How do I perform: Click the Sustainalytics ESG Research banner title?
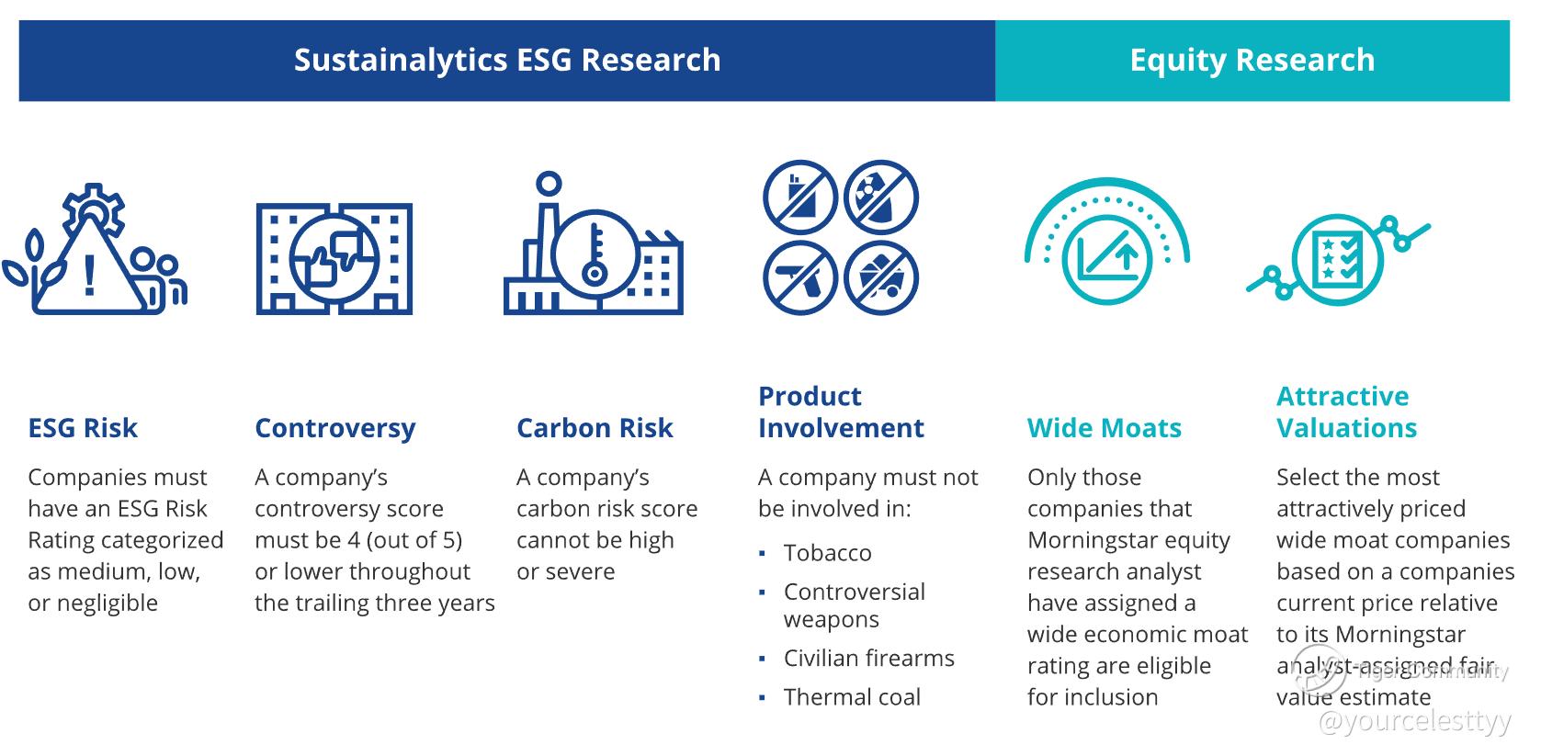point(507,60)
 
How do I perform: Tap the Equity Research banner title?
point(1252,60)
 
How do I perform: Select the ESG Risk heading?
point(83,428)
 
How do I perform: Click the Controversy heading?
point(335,429)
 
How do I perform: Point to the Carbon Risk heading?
point(595,428)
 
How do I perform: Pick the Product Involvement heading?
point(841,412)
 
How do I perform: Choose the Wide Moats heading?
point(1105,428)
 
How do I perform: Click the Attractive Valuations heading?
point(1346,412)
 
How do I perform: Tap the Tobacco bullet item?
point(828,553)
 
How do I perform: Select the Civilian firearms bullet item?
point(869,659)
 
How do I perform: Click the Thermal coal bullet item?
point(852,697)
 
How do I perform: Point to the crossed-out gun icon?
point(800,278)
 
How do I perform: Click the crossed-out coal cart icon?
point(881,278)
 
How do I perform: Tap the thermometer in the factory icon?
point(595,254)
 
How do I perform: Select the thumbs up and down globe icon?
point(334,259)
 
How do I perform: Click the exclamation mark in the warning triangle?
point(89,276)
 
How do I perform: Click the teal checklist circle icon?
point(1337,259)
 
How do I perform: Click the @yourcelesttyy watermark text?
point(1414,721)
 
